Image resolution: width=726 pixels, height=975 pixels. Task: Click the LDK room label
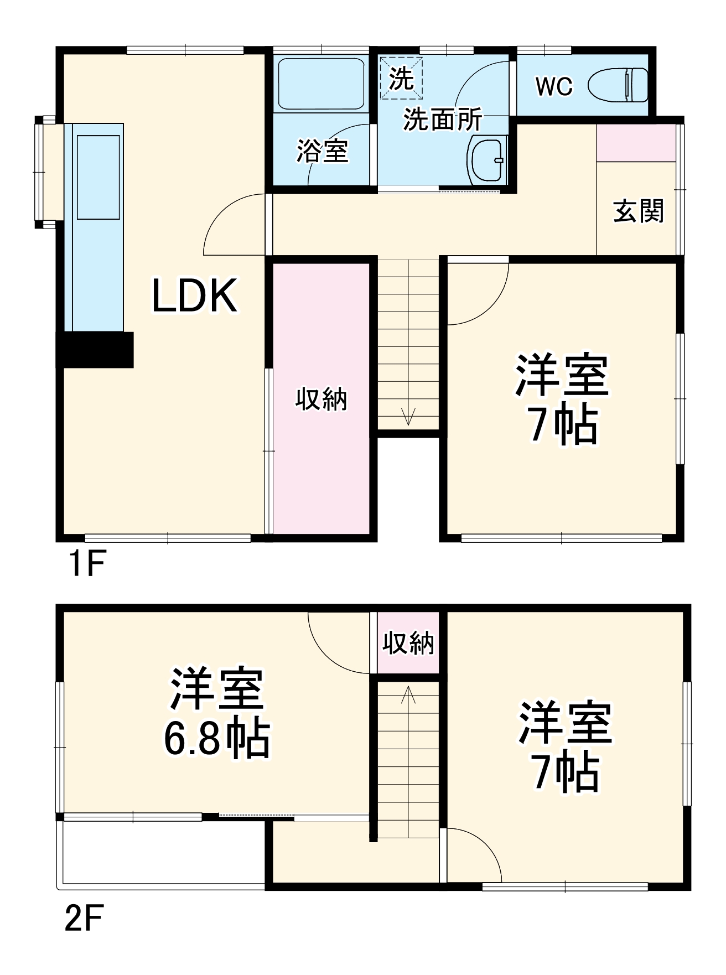195,296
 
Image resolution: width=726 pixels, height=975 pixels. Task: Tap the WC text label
554,86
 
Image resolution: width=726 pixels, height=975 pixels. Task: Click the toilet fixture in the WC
619,85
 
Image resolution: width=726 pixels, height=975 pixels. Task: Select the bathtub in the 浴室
321,84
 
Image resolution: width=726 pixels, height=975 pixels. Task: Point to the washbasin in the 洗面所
488,160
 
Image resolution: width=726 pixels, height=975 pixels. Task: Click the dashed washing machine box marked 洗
401,78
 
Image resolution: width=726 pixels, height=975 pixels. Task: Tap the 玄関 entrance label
638,211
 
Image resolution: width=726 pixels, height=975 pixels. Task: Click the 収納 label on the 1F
321,399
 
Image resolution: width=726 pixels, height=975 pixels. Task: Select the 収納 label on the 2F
408,643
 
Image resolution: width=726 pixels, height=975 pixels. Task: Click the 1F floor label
86,564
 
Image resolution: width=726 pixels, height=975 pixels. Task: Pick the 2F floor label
84,919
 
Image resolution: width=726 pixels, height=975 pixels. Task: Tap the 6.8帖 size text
217,738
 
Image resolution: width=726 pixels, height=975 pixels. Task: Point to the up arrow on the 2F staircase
408,694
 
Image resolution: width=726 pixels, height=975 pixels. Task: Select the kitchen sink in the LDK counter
98,178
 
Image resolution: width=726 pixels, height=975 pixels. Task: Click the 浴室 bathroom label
322,151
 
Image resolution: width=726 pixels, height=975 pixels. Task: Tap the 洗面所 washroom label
442,119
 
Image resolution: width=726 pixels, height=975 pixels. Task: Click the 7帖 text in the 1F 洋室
563,426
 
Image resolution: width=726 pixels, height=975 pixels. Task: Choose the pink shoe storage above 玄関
636,143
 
